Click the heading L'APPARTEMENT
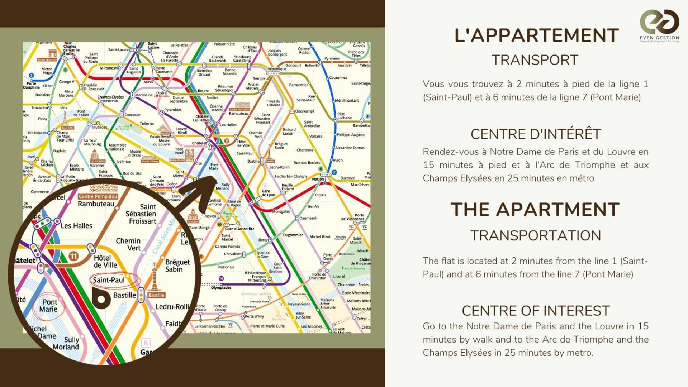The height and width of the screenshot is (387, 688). (x=536, y=36)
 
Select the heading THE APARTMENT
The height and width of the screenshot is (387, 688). (x=535, y=210)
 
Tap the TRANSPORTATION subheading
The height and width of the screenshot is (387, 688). (x=535, y=236)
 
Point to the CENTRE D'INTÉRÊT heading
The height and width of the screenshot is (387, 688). (x=536, y=134)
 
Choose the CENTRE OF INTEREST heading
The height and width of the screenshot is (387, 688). (x=536, y=311)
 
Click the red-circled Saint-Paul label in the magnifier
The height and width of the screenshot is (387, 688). (x=109, y=280)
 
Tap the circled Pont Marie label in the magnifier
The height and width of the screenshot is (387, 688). (x=49, y=306)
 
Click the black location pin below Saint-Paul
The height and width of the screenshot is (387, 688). (x=101, y=298)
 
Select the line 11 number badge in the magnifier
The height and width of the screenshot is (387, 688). (x=73, y=256)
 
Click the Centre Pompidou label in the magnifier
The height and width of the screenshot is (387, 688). (x=98, y=196)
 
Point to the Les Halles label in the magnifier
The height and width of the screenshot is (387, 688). (x=76, y=226)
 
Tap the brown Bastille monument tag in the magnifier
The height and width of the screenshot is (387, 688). (x=156, y=295)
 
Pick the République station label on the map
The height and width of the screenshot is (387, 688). (x=277, y=69)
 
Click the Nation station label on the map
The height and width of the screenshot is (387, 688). (x=318, y=179)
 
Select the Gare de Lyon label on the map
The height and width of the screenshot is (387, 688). (x=268, y=193)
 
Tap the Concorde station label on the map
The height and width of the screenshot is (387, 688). (x=132, y=115)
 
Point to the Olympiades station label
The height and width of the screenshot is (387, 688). (x=221, y=287)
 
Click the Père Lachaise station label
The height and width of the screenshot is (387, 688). (x=344, y=116)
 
